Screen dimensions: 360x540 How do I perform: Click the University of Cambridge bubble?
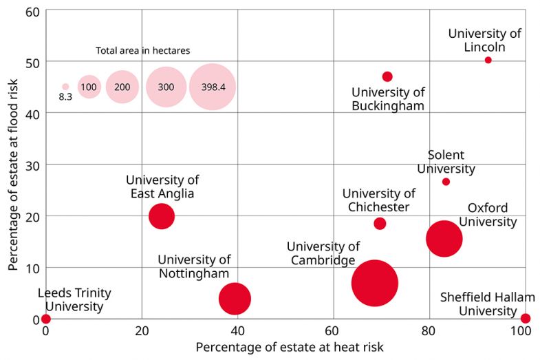pyautogui.click(x=374, y=283)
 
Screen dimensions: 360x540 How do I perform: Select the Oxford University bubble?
pyautogui.click(x=444, y=238)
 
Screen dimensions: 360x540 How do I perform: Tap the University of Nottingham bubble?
pyautogui.click(x=235, y=299)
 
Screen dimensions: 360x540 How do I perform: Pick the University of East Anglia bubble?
pyautogui.click(x=162, y=216)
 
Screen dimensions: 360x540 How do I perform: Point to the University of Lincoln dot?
pyautogui.click(x=488, y=60)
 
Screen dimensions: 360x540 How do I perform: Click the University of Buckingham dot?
pyautogui.click(x=387, y=76)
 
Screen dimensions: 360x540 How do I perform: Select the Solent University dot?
pyautogui.click(x=446, y=182)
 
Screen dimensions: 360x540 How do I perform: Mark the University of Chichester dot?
pyautogui.click(x=380, y=224)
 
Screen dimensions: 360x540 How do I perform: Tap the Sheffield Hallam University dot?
pyautogui.click(x=526, y=318)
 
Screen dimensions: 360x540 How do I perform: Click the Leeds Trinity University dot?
pyautogui.click(x=46, y=319)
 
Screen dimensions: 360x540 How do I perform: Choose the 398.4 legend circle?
pyautogui.click(x=213, y=87)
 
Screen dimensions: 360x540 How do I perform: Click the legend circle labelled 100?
pyautogui.click(x=89, y=87)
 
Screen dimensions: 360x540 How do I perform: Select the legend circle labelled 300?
pyautogui.click(x=166, y=87)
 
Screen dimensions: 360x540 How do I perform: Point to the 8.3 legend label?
pyautogui.click(x=65, y=97)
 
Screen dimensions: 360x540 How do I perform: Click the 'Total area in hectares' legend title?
pyautogui.click(x=143, y=50)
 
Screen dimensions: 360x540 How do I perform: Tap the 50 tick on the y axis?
pyautogui.click(x=32, y=62)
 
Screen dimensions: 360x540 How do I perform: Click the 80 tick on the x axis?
pyautogui.click(x=429, y=331)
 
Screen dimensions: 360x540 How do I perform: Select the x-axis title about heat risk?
pyautogui.click(x=290, y=347)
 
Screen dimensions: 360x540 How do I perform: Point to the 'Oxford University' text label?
pyautogui.click(x=488, y=215)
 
